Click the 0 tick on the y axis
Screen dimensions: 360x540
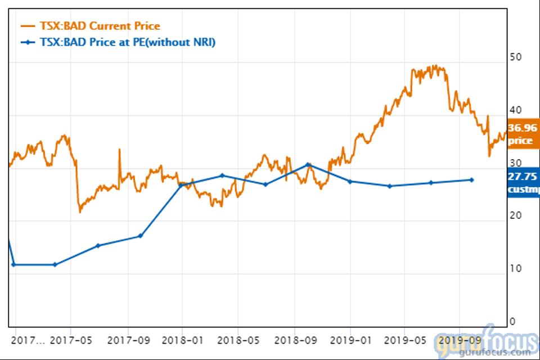click(512, 321)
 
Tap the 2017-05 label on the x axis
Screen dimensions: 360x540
click(70, 340)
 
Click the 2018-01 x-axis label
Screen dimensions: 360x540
click(182, 340)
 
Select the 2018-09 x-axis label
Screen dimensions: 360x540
click(294, 340)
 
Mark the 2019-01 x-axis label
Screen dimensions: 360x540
click(349, 340)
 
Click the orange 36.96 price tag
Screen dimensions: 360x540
click(523, 134)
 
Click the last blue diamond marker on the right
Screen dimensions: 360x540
click(471, 180)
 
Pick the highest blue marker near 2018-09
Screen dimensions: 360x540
click(308, 164)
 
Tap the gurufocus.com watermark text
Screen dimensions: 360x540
click(494, 352)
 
